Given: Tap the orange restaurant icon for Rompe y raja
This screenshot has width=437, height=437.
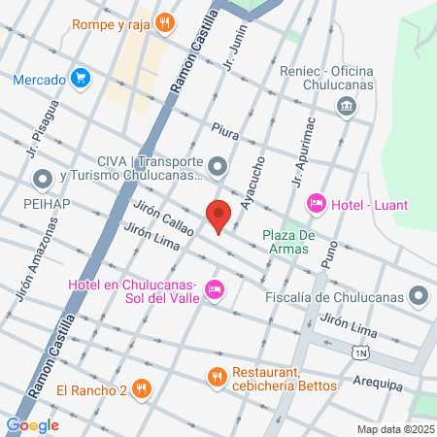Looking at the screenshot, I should tap(166, 22).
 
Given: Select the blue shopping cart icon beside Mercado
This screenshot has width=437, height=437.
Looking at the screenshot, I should tap(81, 79).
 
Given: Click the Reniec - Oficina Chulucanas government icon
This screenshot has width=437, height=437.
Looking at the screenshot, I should tap(345, 106).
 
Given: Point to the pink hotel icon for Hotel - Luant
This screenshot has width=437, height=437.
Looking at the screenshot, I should tap(316, 203).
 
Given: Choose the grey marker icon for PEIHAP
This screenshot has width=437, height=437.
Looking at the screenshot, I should tap(42, 179).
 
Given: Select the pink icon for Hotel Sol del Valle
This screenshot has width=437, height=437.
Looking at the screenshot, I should tap(216, 289).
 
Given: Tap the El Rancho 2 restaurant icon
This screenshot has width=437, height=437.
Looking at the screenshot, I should tap(142, 389).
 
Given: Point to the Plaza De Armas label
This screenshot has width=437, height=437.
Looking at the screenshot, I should tap(290, 242).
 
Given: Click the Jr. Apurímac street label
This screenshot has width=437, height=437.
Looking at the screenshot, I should tap(304, 153).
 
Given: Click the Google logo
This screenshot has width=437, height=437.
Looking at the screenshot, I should tap(33, 424).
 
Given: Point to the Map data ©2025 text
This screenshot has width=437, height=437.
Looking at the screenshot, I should tap(393, 428).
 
